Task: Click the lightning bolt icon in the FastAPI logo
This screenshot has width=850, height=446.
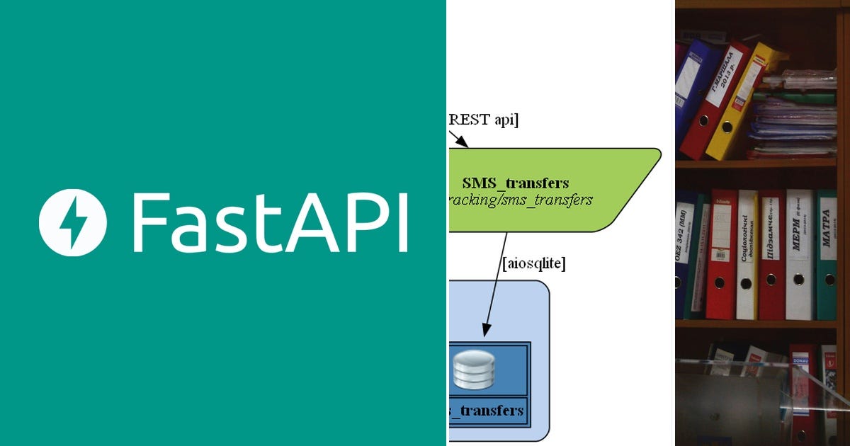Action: click(x=73, y=222)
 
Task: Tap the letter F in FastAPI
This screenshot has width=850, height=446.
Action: click(x=149, y=222)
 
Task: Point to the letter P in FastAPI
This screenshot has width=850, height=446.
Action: click(x=361, y=222)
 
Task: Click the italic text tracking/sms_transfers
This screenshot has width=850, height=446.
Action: click(x=521, y=200)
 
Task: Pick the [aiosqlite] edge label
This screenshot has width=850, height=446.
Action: click(x=533, y=263)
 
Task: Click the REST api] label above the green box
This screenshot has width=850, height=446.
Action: click(x=484, y=120)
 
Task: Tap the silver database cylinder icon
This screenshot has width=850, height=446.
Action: click(x=474, y=370)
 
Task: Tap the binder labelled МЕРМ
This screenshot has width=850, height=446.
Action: click(x=799, y=255)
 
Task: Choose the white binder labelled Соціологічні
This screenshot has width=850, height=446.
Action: click(x=747, y=255)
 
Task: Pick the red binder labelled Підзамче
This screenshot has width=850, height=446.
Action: click(x=772, y=255)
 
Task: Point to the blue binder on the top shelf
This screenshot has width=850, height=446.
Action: click(x=691, y=92)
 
